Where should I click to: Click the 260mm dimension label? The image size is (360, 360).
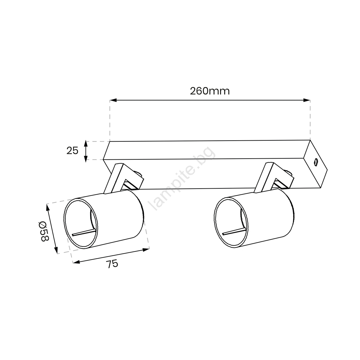210,91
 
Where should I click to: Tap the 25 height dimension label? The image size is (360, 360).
72,151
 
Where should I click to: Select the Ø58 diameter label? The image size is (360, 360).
44,231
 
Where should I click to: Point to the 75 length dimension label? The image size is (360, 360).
112,264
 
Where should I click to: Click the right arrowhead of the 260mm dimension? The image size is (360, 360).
307,100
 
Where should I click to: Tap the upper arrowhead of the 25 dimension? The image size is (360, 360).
86,144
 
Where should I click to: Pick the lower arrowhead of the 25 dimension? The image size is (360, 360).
86,159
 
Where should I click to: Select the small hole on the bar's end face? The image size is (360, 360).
316,162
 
